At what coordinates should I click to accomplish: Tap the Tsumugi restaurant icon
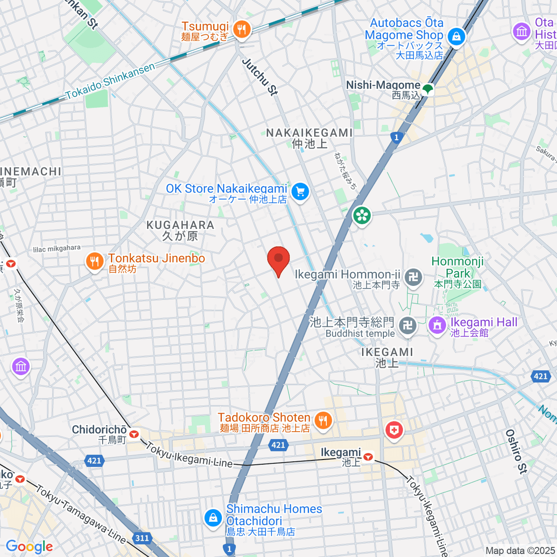click(x=241, y=30)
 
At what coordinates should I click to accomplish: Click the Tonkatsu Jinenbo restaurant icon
click(x=95, y=262)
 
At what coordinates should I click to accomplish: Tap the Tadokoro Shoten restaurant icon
click(x=323, y=421)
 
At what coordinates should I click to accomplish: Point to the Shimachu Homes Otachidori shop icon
click(x=213, y=517)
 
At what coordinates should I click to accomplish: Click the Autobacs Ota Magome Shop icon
click(x=456, y=36)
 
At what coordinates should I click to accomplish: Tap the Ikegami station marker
click(x=368, y=457)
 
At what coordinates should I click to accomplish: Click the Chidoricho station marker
click(x=134, y=434)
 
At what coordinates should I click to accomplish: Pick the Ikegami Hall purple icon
click(x=437, y=325)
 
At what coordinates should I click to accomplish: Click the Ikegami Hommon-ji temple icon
click(x=413, y=278)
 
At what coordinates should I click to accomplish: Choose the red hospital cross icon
click(x=394, y=430)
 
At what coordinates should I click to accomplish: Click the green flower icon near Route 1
click(x=362, y=215)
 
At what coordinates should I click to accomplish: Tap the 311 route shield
click(x=142, y=538)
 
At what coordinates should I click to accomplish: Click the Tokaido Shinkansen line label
click(x=110, y=81)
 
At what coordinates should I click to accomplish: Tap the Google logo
click(x=29, y=547)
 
